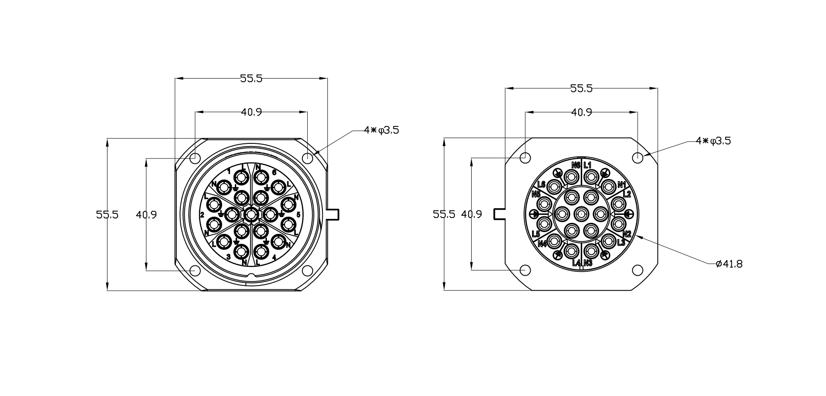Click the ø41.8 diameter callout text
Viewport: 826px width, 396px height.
click(x=729, y=264)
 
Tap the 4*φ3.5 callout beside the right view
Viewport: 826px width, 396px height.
click(x=713, y=141)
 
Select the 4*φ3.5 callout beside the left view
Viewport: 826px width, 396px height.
click(x=381, y=130)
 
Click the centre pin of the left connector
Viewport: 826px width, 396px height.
click(x=251, y=215)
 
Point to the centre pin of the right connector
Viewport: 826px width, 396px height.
click(x=581, y=214)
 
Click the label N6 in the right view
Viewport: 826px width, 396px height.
click(x=576, y=165)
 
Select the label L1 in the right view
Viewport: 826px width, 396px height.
click(x=588, y=165)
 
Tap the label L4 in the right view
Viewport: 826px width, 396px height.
click(x=576, y=263)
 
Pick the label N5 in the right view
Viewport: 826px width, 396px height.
click(x=536, y=194)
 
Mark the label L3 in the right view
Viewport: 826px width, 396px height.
click(x=621, y=242)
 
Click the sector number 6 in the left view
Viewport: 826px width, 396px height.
click(x=274, y=172)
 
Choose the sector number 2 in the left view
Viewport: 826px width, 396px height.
click(x=202, y=215)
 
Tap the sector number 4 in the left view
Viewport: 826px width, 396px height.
click(x=274, y=257)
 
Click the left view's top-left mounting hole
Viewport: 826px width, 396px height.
click(x=195, y=158)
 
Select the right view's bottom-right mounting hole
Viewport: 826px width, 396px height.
click(x=637, y=270)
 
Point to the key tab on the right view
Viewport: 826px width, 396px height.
click(x=500, y=214)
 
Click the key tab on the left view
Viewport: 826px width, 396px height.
click(x=333, y=214)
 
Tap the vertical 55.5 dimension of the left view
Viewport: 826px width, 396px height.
click(x=107, y=215)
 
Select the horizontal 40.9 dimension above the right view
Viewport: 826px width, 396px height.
click(x=581, y=112)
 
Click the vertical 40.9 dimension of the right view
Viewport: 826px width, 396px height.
click(x=472, y=214)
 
